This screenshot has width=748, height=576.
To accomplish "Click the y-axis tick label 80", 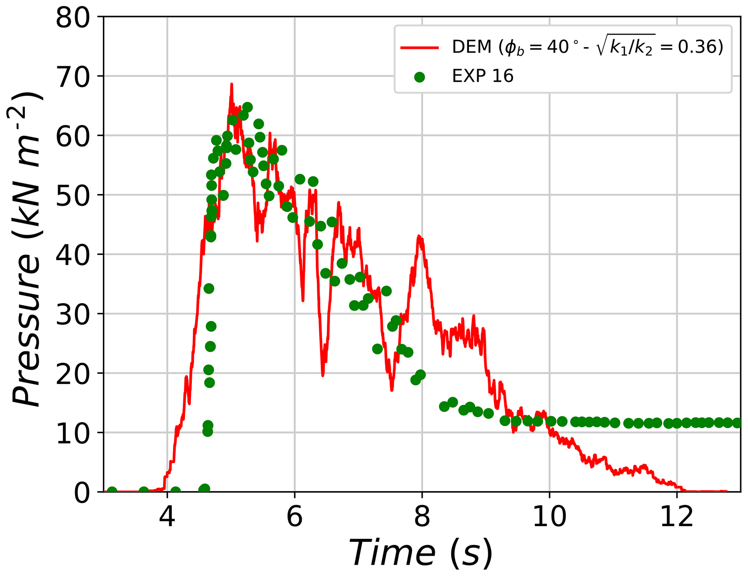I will point(72,18).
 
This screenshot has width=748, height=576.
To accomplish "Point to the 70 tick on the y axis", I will point(72,77).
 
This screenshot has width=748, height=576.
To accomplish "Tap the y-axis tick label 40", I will point(72,255).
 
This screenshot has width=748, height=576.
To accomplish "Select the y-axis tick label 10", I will point(72,434).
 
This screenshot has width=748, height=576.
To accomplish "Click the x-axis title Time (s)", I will point(420,552).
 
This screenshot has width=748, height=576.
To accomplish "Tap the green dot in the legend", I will point(419,77).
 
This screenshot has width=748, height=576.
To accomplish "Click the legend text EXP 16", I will point(482,76).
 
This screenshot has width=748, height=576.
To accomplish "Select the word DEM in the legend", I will point(471,47).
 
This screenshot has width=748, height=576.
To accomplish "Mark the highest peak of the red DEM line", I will point(232,84).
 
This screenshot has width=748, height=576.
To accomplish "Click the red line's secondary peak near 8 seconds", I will point(419,236).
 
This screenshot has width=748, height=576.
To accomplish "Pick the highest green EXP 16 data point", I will point(248,107).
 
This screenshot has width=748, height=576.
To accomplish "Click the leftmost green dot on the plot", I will point(112,491).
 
